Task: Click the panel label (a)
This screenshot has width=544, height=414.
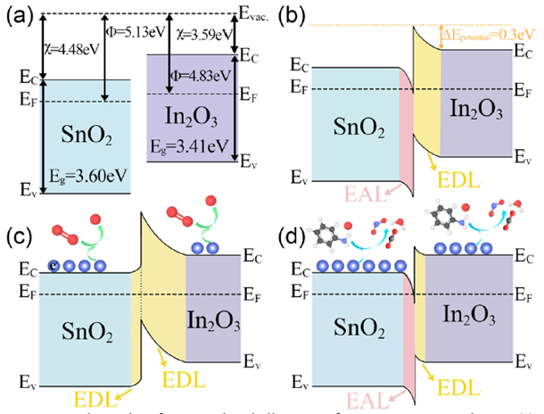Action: point(21,13)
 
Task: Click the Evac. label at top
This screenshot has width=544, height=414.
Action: point(260,12)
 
